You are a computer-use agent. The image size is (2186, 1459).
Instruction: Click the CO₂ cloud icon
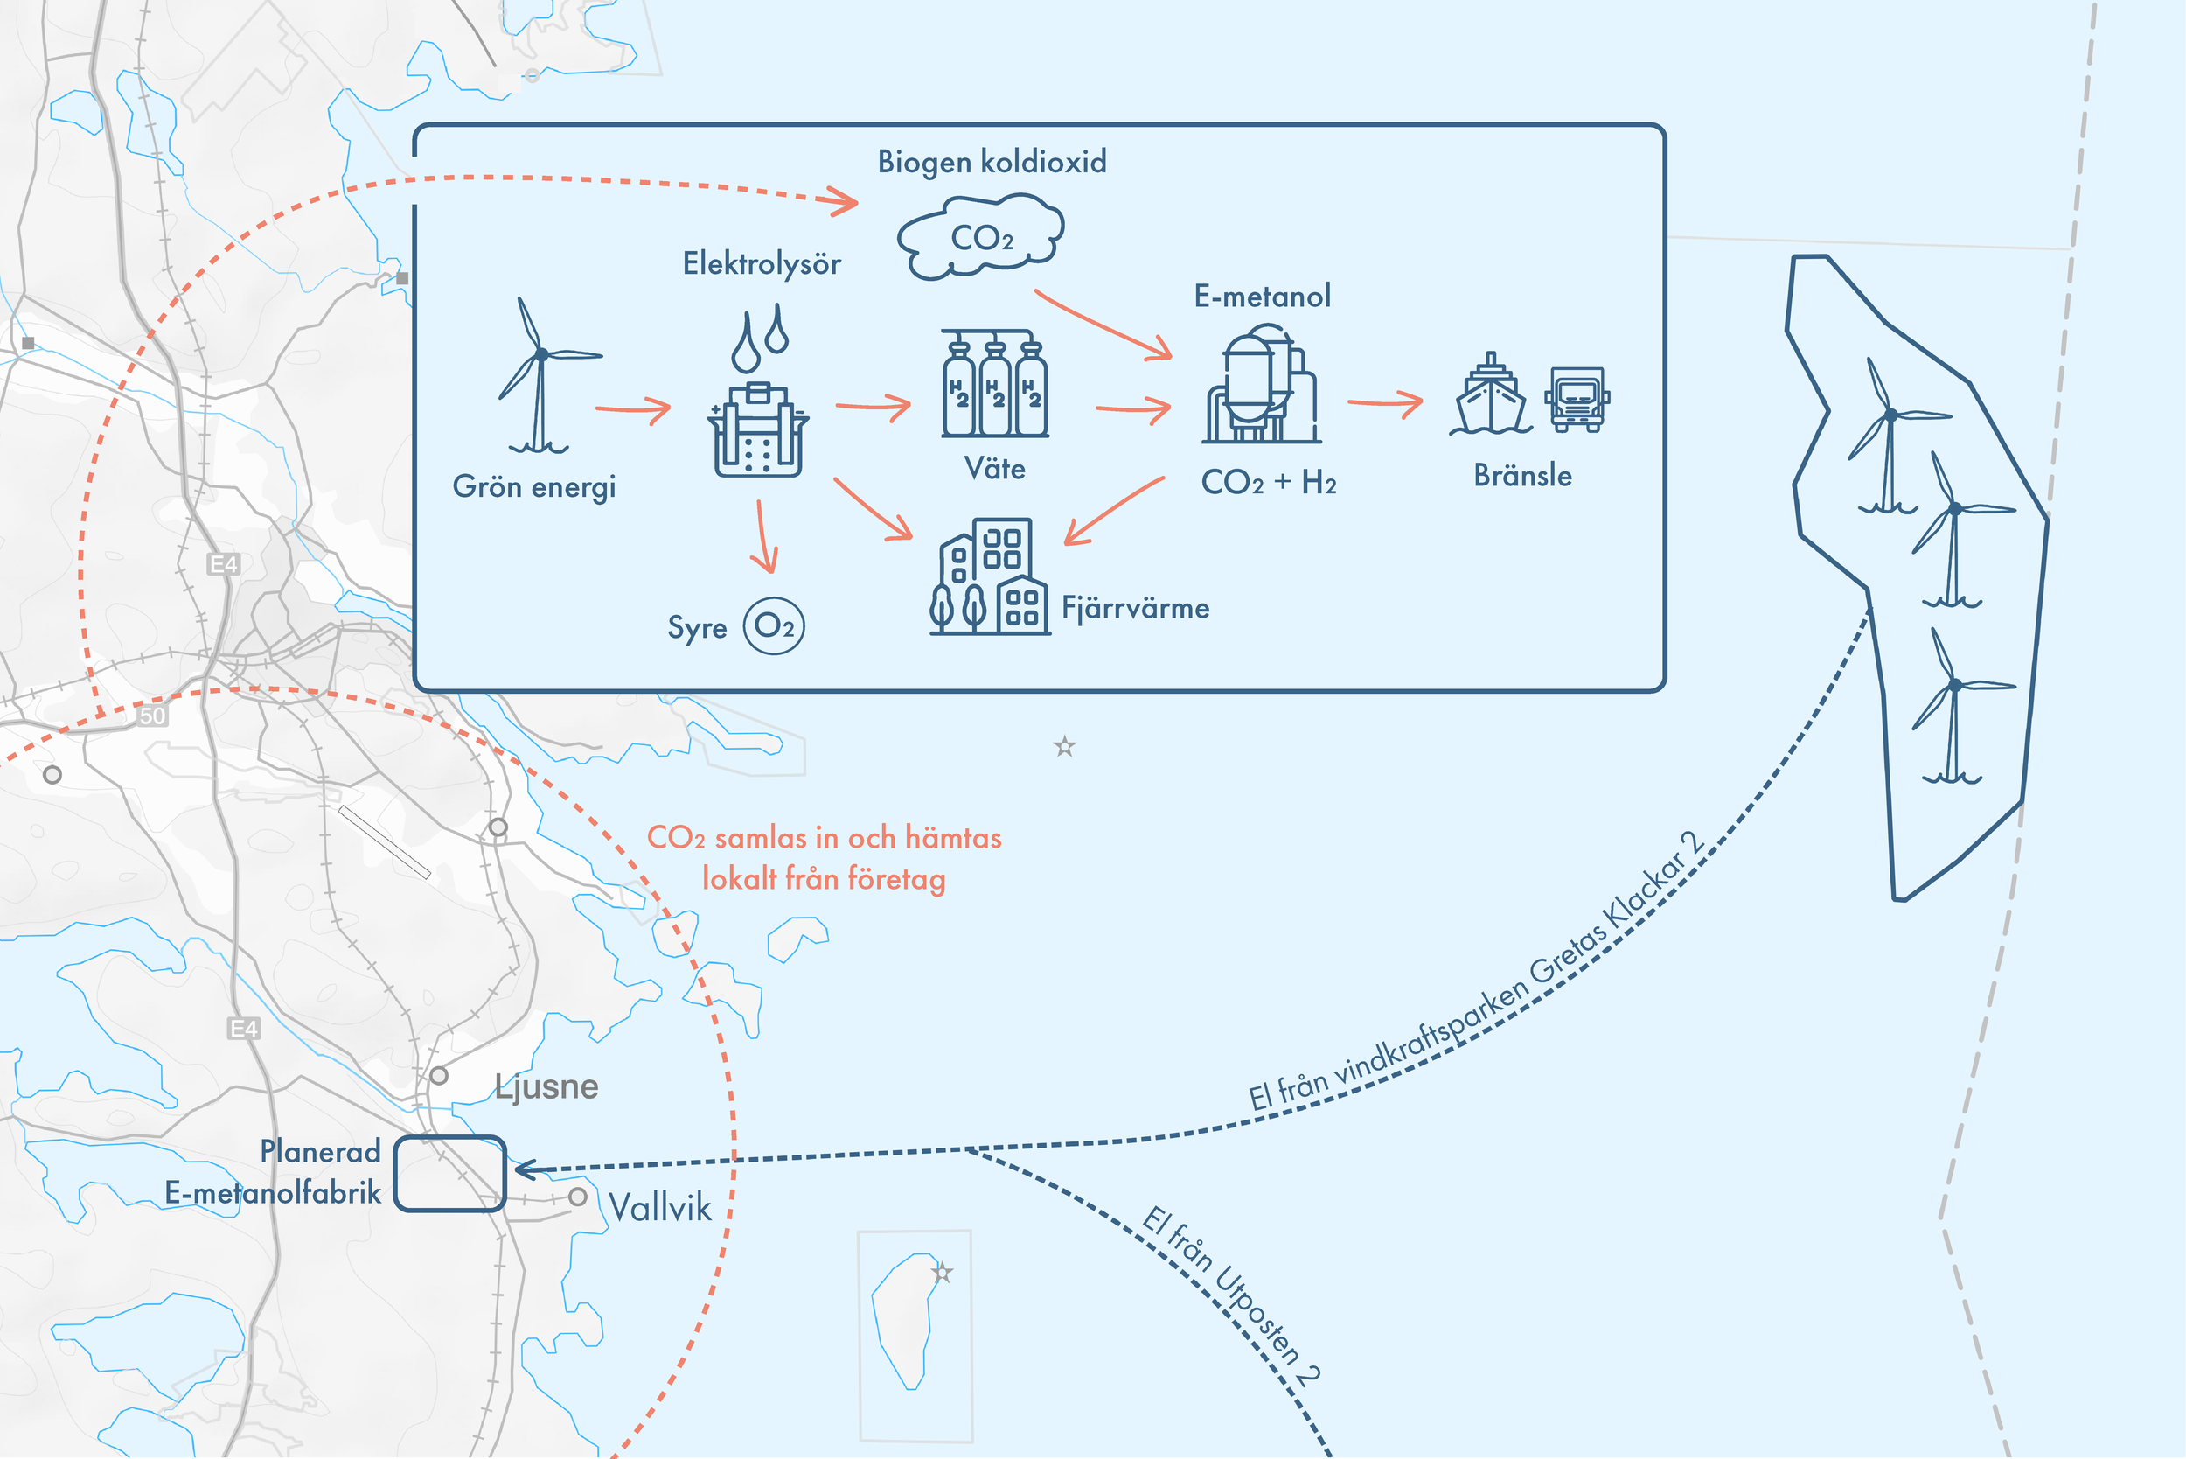pos(980,237)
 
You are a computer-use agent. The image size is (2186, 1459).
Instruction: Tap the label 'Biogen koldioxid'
pos(992,162)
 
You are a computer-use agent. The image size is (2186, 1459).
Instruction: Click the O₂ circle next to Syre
pos(774,626)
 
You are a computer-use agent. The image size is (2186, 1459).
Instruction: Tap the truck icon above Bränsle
pos(1577,399)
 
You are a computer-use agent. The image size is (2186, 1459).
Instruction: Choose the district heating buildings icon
pos(990,578)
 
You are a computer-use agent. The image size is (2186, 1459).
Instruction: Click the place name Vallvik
pos(659,1208)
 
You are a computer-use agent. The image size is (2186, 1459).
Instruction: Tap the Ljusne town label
pos(547,1086)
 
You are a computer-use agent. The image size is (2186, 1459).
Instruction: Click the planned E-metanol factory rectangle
pos(449,1173)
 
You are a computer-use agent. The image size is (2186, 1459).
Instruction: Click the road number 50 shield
pos(152,716)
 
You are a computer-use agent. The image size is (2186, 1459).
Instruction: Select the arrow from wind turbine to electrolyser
pos(632,409)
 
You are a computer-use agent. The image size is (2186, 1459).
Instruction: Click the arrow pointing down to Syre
pos(763,537)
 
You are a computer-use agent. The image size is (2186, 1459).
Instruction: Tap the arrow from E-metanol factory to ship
pos(1385,403)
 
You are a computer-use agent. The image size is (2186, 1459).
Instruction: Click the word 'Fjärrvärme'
pos(1135,609)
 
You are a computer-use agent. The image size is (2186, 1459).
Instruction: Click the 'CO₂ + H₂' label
pos(1268,483)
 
